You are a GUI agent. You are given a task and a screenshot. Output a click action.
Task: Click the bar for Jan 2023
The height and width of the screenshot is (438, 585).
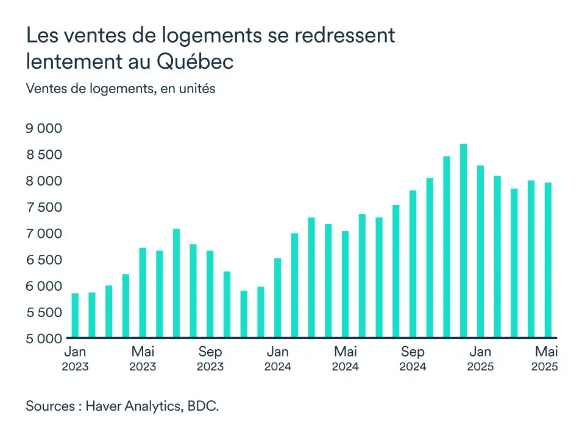[75, 315]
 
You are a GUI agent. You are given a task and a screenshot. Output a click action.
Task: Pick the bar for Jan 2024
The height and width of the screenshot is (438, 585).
[278, 297]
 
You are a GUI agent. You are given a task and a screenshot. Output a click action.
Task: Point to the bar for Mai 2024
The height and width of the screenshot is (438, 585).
[345, 284]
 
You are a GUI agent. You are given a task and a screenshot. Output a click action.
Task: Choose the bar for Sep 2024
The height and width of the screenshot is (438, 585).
[413, 264]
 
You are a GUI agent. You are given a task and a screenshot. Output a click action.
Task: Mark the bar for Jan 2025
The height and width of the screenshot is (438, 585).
[480, 251]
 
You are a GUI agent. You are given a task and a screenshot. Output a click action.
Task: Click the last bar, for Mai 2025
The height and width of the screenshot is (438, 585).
[548, 260]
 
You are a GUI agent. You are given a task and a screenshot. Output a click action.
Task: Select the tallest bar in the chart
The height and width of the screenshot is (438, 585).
[463, 240]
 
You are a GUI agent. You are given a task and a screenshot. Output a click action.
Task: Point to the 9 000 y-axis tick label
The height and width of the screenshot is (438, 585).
[44, 128]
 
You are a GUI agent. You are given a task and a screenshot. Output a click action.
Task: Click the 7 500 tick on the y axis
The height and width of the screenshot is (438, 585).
[44, 207]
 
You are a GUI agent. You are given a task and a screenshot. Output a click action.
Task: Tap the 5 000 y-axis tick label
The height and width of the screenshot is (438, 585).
[44, 338]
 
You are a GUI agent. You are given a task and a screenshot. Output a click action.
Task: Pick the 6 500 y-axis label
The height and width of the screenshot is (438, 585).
[44, 260]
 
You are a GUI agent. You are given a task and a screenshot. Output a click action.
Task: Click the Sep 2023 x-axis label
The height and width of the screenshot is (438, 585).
[210, 358]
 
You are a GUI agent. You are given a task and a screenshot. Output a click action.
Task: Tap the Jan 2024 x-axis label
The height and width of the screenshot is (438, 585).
[278, 358]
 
